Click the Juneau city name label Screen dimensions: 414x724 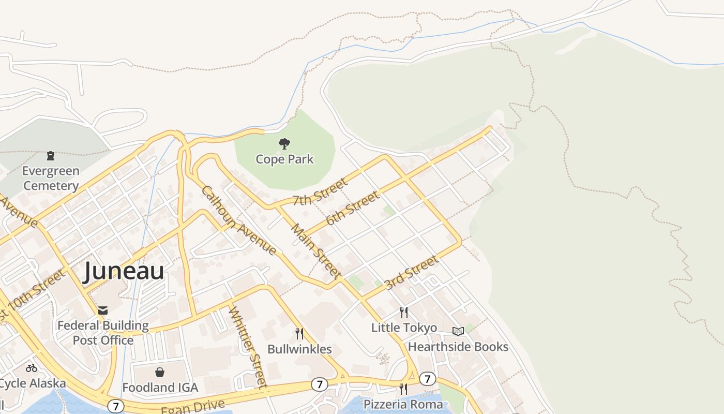pos(124,271)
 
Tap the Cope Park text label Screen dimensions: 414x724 pos(284,159)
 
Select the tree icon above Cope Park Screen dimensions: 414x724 pos(284,144)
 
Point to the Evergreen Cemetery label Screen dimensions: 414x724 pos(51,178)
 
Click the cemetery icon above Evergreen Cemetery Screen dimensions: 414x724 pos(51,155)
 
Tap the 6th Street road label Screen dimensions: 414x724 pos(353,208)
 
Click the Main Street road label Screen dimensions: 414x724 pos(315,251)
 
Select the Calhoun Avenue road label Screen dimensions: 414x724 pos(238,220)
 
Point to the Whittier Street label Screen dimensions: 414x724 pos(248,347)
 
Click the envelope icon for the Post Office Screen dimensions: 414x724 pos(103,310)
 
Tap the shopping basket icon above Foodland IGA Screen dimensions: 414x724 pos(160,372)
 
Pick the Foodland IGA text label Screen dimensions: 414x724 pos(160,387)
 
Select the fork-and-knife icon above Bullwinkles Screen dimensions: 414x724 pos(299,334)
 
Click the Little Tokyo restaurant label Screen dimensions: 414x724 pos(404,328)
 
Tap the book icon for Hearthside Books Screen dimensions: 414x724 pos(458,331)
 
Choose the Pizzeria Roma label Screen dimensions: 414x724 pos(403,404)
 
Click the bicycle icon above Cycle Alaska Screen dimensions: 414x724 pos(32,368)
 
